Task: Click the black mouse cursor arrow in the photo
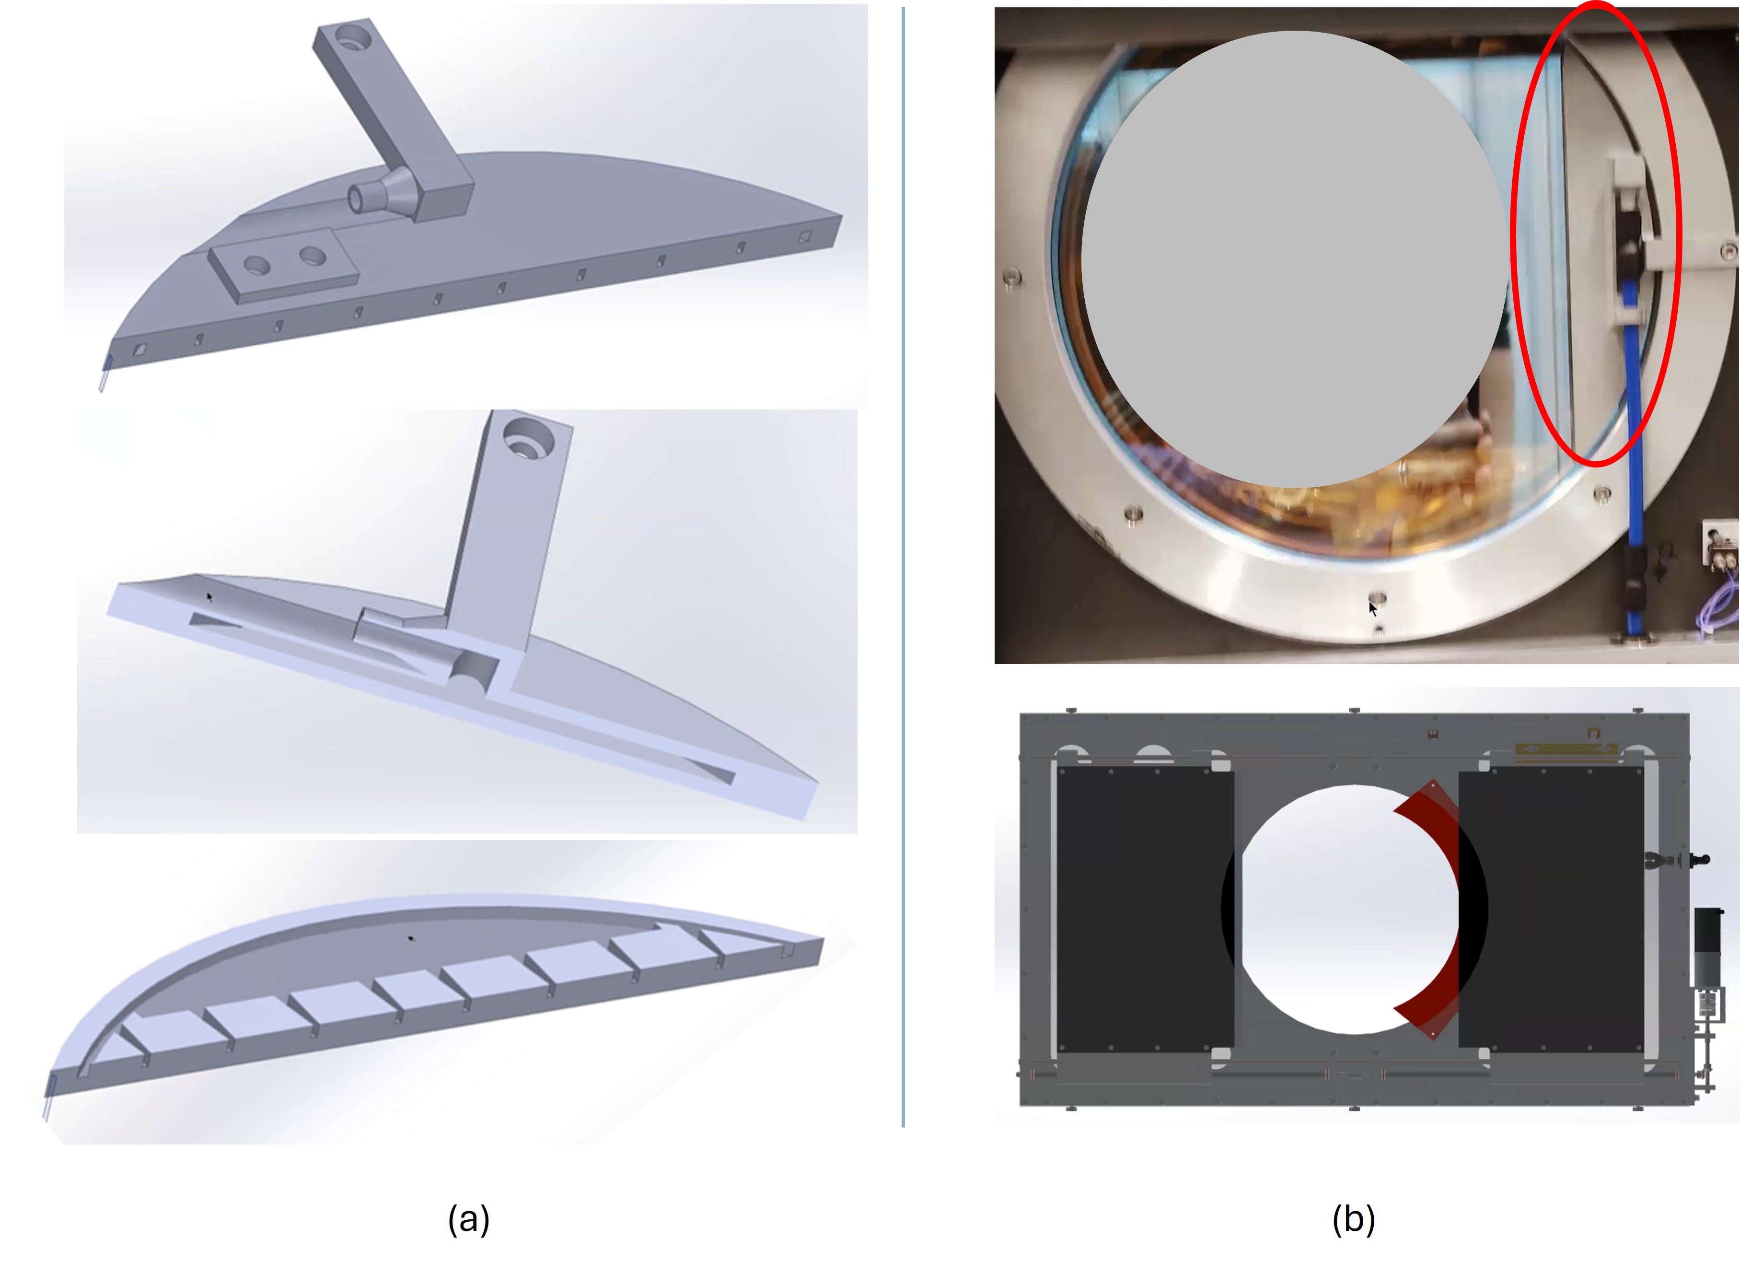pos(1373,609)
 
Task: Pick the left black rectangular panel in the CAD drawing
pos(1145,909)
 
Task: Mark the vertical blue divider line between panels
pos(903,567)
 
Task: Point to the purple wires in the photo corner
pos(1717,602)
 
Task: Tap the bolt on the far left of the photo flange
pos(1012,276)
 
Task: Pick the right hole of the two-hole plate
pos(312,255)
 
